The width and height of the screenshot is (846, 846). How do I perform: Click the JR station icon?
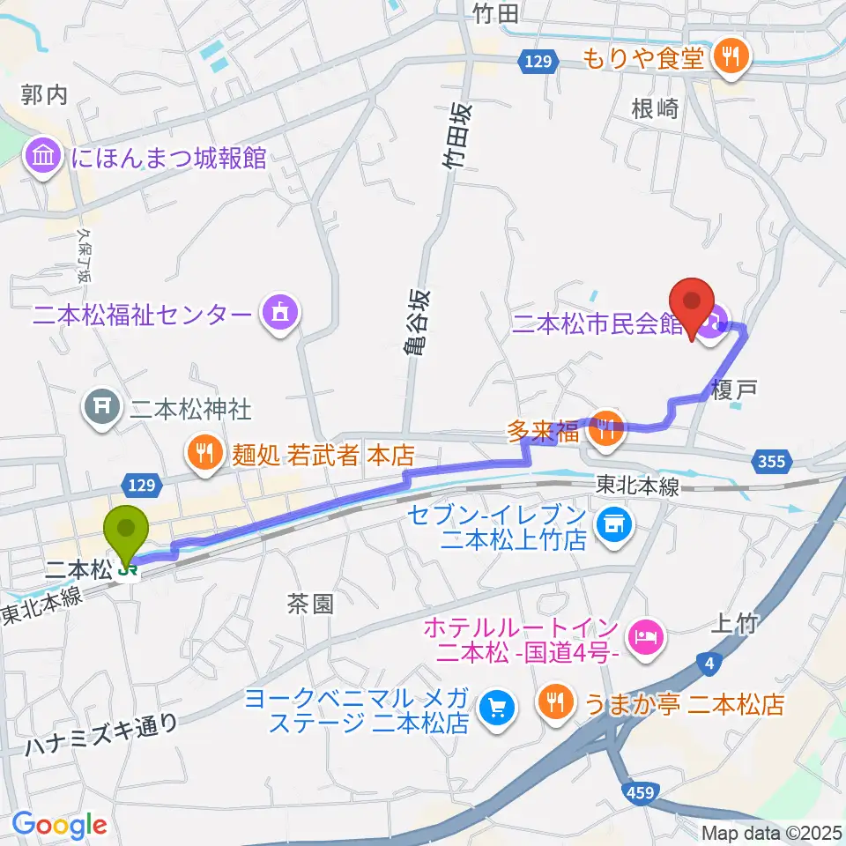pos(129,571)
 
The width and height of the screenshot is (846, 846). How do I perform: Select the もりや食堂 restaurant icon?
pos(730,58)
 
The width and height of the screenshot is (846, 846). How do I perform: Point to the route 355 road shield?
pos(771,460)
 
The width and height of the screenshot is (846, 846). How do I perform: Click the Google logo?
pos(59,824)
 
